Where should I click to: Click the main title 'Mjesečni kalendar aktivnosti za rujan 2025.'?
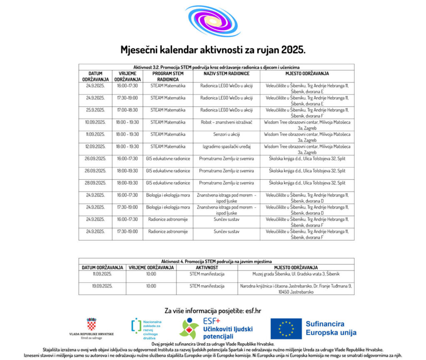tap(213, 50)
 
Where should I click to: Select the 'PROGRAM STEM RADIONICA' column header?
tap(168, 76)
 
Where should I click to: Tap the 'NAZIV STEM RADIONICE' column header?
tap(226, 74)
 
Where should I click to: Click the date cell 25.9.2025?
tap(95, 110)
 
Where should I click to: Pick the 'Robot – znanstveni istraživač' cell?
tap(226, 122)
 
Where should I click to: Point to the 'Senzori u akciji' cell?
tap(226, 134)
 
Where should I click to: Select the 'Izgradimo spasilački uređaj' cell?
tap(226, 146)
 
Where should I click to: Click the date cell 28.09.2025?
tap(95, 183)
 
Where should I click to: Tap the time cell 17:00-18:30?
tap(127, 110)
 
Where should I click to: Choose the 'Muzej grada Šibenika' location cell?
tap(296, 274)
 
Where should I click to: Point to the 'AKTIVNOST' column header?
tap(207, 267)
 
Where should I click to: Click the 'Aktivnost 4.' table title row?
tap(216, 261)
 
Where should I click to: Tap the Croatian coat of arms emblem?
tap(91, 325)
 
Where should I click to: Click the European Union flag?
tap(286, 329)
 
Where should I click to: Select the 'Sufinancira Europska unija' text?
tap(331, 328)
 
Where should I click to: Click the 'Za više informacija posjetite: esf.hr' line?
tap(213, 310)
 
